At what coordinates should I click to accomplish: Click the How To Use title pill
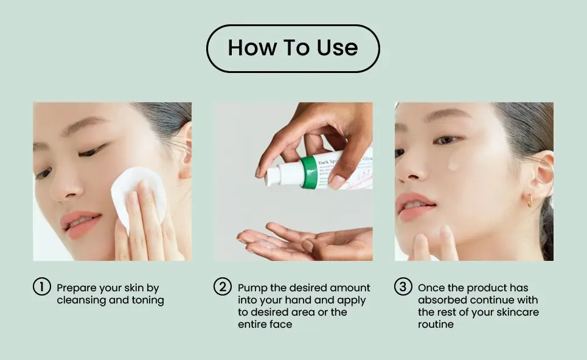[x=293, y=49]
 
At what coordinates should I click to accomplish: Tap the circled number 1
[x=41, y=286]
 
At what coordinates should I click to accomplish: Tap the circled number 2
[x=223, y=286]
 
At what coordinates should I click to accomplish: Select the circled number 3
[x=403, y=286]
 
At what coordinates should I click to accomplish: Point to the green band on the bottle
[x=309, y=172]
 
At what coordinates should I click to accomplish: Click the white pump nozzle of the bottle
[x=273, y=176]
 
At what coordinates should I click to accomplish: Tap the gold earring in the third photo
[x=529, y=201]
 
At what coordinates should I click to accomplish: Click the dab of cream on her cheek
[x=453, y=164]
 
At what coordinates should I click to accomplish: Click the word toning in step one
[x=148, y=300]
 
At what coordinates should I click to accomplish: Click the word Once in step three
[x=431, y=288]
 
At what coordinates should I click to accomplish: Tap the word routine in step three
[x=436, y=324]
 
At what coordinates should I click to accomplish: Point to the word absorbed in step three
[x=443, y=300]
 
